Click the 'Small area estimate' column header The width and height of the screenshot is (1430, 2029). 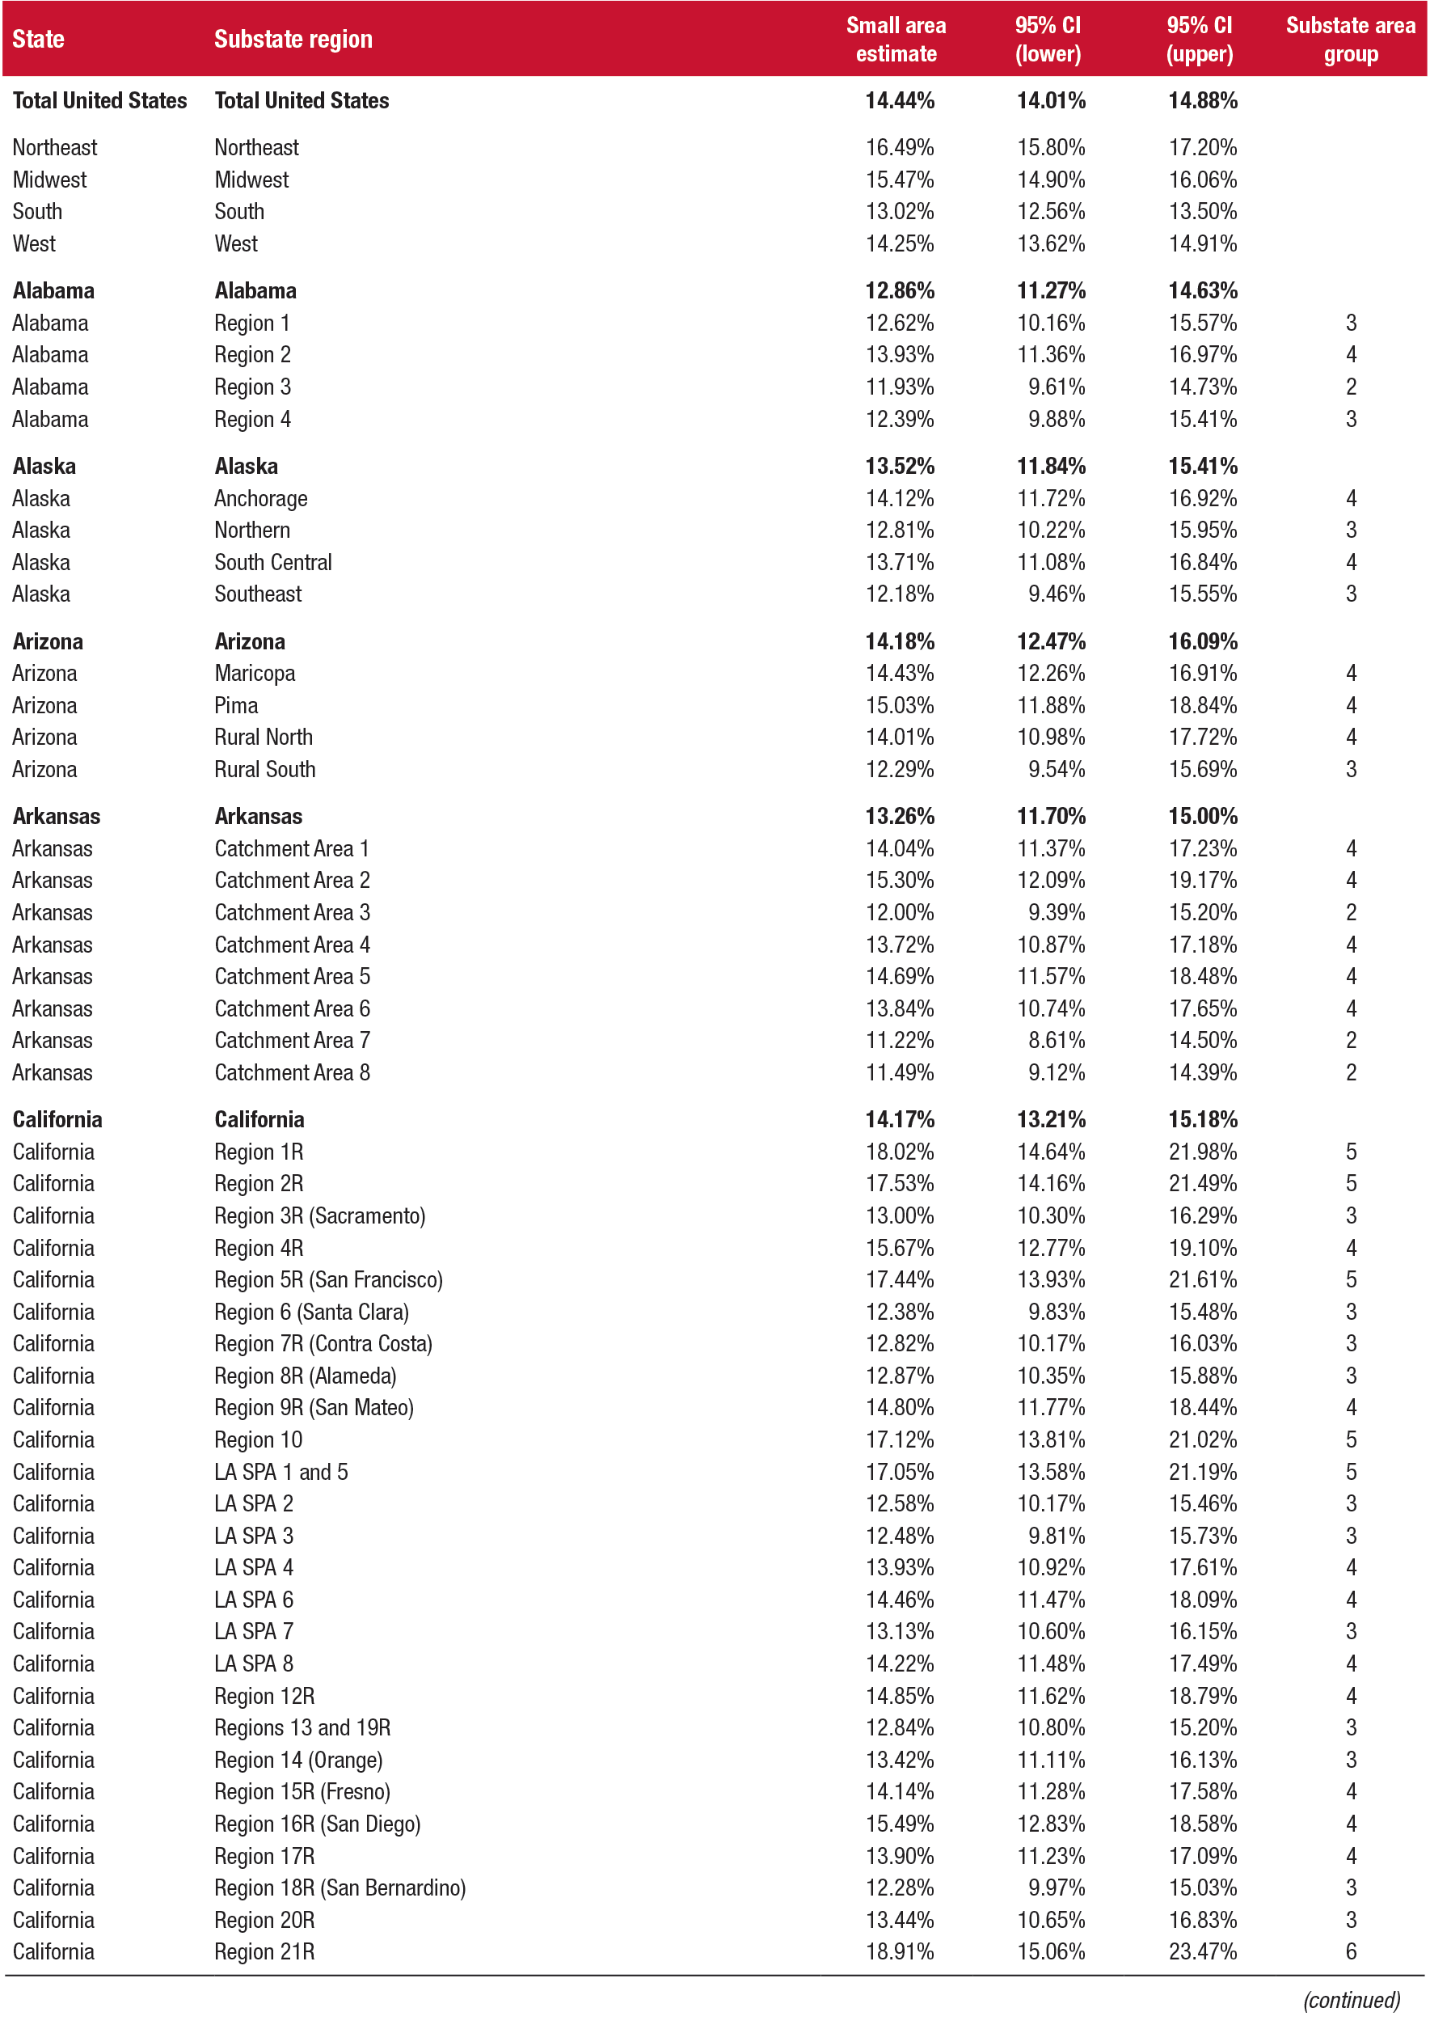click(x=895, y=40)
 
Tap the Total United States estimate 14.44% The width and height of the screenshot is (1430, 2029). click(x=898, y=101)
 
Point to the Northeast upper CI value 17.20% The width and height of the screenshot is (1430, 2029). click(x=1201, y=147)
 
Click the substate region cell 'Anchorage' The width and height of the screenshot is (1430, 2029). click(x=260, y=498)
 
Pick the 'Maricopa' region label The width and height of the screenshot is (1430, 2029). click(x=255, y=674)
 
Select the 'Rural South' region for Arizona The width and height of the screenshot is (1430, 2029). click(x=264, y=769)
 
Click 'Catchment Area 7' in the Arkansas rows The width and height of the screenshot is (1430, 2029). click(x=292, y=1040)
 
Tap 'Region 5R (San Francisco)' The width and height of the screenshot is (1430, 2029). click(x=327, y=1279)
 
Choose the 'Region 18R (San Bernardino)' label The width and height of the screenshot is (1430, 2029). click(x=340, y=1887)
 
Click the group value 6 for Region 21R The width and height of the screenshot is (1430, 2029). click(x=1350, y=1951)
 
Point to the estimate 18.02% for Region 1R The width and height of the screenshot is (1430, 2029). click(x=898, y=1152)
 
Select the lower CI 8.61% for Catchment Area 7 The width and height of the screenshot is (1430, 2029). click(x=1056, y=1040)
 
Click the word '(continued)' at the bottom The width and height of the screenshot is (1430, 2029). click(x=1351, y=2000)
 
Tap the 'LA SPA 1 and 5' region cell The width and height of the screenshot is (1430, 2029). click(x=281, y=1471)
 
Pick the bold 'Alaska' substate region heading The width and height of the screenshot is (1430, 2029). click(x=246, y=466)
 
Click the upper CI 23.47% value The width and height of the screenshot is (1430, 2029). click(x=1201, y=1951)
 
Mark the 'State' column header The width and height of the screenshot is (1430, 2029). click(x=38, y=40)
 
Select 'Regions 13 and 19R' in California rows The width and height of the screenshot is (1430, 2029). click(x=302, y=1727)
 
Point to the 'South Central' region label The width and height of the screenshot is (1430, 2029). click(x=273, y=562)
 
